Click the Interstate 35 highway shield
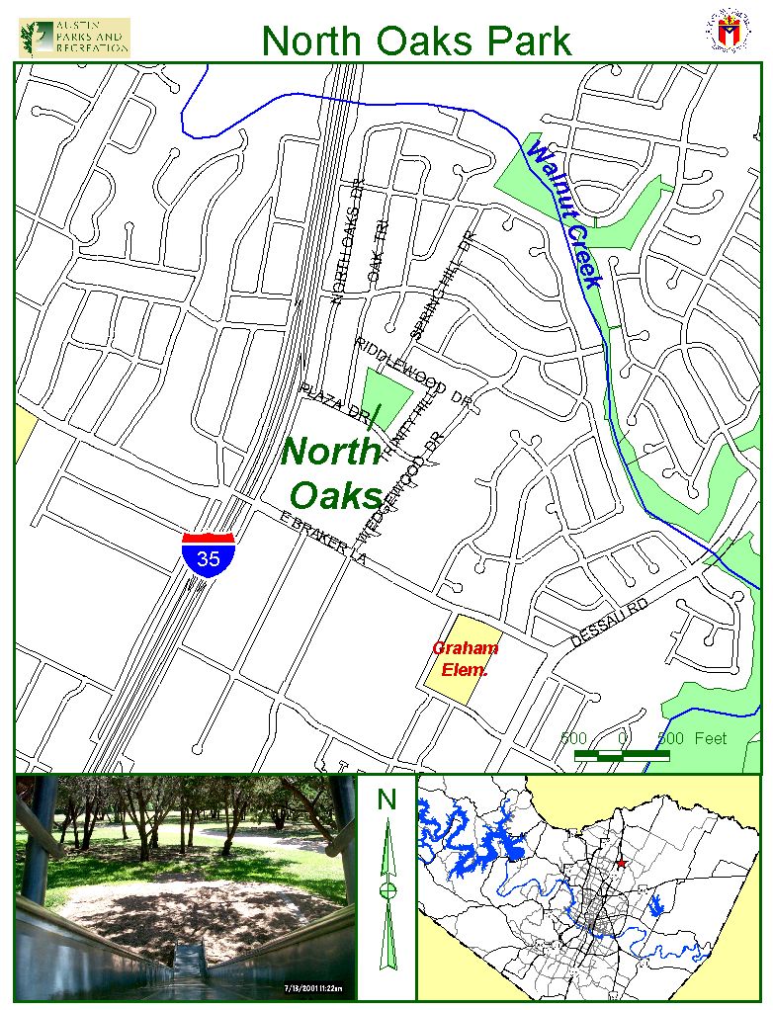point(209,555)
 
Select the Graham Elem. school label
point(465,658)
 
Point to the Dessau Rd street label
point(609,625)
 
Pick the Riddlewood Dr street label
point(413,373)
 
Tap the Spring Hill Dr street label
point(443,288)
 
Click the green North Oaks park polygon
point(386,395)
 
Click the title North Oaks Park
point(416,41)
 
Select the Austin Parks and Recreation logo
point(74,37)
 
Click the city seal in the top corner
point(728,32)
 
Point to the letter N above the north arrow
point(386,799)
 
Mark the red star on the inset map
point(621,864)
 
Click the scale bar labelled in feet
point(622,755)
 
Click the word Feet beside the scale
point(710,738)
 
